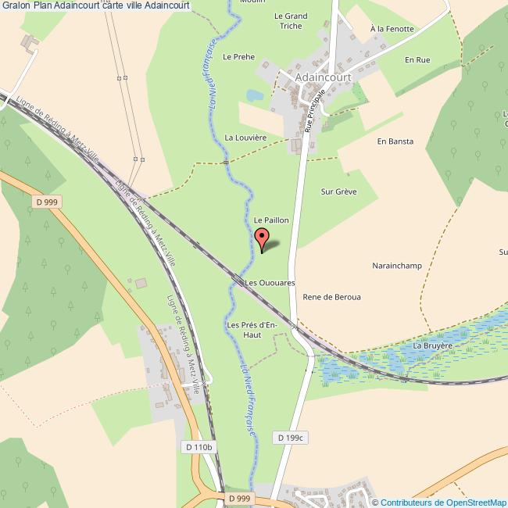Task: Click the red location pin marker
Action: (x=262, y=238)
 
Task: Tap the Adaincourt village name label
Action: (x=324, y=77)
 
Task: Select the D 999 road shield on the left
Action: (x=47, y=202)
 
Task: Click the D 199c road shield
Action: (x=288, y=438)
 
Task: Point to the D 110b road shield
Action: (x=199, y=447)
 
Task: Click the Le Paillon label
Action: (x=271, y=220)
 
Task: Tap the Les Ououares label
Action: (x=270, y=282)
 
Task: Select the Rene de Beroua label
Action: (x=331, y=297)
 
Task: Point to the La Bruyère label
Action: (x=433, y=345)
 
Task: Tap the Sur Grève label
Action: (x=338, y=191)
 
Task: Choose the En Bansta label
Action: (x=395, y=141)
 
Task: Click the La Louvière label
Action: (x=245, y=138)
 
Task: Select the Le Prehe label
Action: (x=238, y=56)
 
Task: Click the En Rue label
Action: (x=417, y=59)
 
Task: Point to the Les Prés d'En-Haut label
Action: (x=252, y=329)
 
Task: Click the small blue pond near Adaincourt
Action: (x=255, y=95)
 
